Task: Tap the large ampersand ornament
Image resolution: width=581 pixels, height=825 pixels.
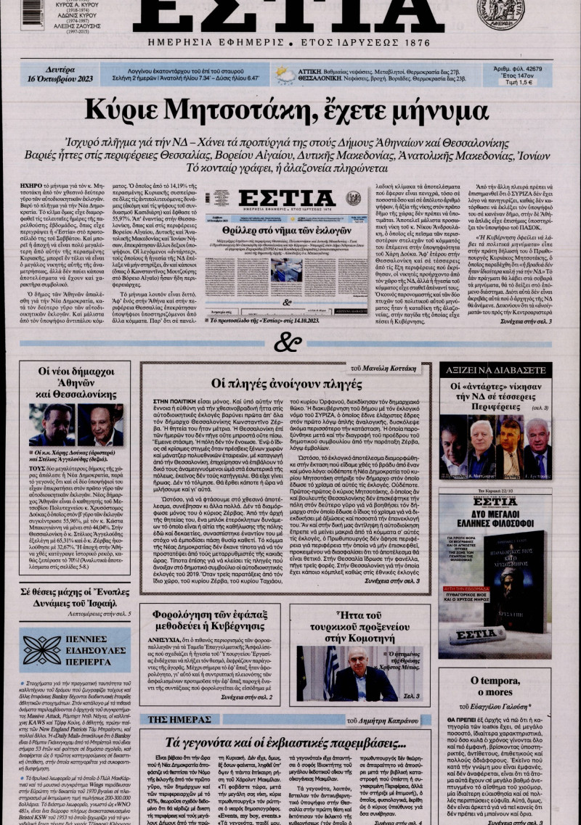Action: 288,340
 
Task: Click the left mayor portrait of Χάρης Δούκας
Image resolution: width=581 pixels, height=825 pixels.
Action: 52,425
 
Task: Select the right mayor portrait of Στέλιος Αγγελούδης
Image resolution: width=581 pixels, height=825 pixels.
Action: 100,425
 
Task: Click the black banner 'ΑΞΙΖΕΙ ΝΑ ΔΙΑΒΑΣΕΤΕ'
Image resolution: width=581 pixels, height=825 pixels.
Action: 495,371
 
